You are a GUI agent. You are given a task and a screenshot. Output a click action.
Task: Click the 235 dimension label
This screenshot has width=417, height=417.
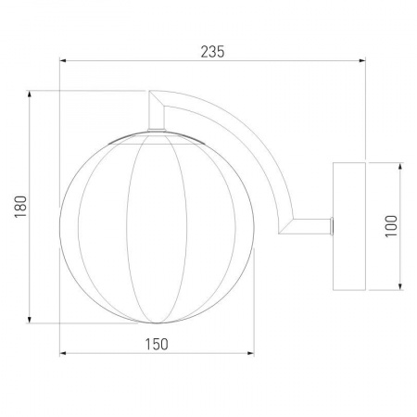coord(212,52)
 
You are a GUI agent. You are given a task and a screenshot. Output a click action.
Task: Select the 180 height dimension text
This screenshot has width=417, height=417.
coord(21,207)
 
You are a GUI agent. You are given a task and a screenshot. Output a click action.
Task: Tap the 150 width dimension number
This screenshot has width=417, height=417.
coord(157,344)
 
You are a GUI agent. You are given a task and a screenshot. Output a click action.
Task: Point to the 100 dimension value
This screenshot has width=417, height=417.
coord(391,226)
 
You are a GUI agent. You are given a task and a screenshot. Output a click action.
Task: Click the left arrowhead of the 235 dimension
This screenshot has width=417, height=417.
coord(63,61)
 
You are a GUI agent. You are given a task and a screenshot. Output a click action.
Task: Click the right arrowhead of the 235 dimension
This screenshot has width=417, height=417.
coord(362,61)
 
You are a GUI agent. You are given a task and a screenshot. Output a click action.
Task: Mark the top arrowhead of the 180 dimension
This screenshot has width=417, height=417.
coord(30,95)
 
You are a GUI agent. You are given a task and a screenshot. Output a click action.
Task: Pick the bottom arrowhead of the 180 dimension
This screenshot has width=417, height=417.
coord(30,320)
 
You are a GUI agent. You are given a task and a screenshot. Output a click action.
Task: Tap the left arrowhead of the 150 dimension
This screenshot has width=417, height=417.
coord(63,353)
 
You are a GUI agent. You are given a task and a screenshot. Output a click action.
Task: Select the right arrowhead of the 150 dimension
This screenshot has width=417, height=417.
coord(250,353)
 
